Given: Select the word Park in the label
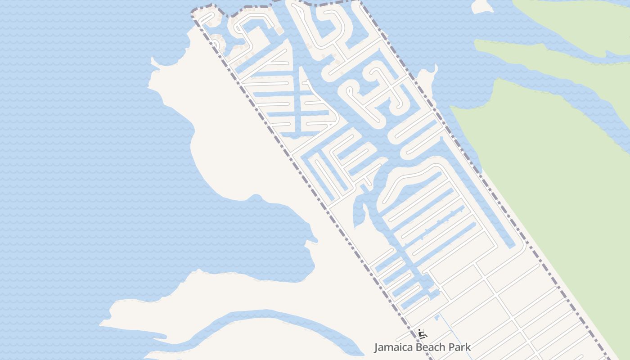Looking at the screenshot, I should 461,347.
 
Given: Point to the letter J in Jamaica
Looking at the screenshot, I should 377,347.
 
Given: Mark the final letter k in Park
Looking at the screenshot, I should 468,347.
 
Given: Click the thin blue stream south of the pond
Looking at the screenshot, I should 454,337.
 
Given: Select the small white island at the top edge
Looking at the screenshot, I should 481,5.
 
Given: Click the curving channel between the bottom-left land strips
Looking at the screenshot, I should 270,315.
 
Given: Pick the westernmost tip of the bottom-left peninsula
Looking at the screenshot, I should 101,323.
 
